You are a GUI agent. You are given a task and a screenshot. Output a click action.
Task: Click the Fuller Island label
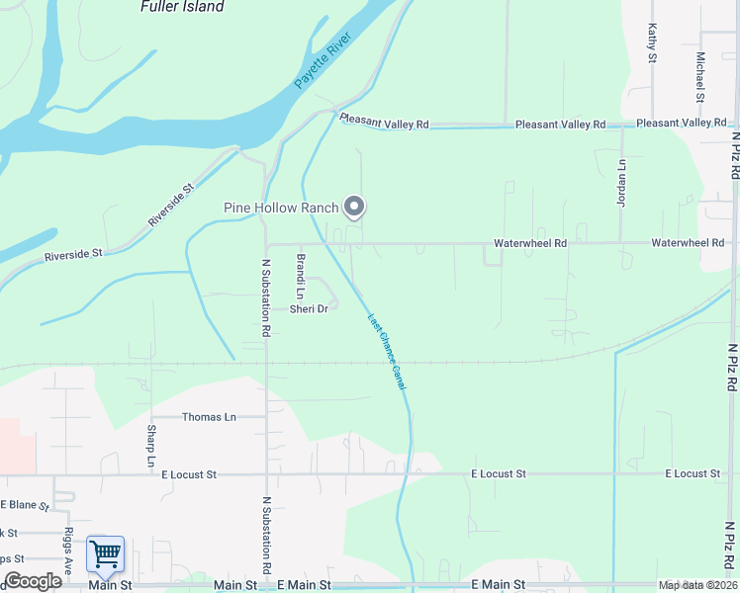182,7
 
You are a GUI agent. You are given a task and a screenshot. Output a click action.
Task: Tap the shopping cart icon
105,555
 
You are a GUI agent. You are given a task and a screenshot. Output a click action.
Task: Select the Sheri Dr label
308,309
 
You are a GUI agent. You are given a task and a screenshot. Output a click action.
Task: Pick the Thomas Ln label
209,417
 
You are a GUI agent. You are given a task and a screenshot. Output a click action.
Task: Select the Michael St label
699,77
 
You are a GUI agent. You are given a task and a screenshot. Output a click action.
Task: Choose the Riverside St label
73,255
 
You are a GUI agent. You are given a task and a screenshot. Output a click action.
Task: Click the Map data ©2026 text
698,585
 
